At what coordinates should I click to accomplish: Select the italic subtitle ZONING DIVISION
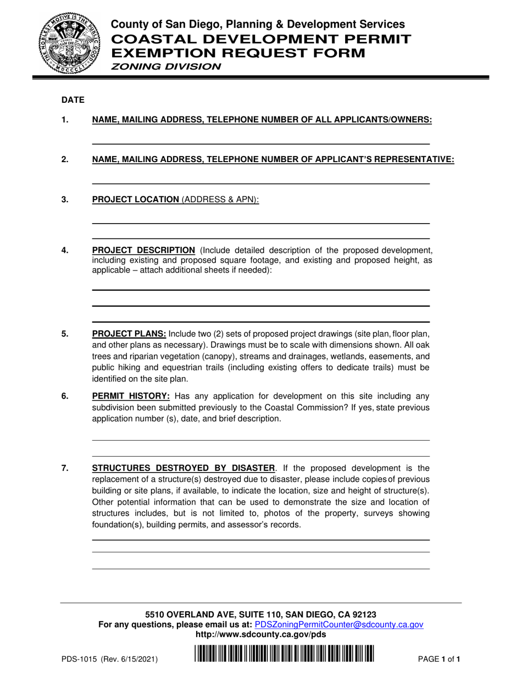pyautogui.click(x=166, y=67)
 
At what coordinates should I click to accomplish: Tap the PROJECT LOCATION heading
pyautogui.click(x=136, y=200)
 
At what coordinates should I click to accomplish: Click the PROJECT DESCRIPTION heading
pyautogui.click(x=143, y=251)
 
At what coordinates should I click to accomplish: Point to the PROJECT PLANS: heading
pyautogui.click(x=129, y=334)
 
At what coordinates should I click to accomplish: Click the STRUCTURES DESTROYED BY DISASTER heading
pyautogui.click(x=184, y=468)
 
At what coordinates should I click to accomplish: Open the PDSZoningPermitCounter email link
pyautogui.click(x=339, y=624)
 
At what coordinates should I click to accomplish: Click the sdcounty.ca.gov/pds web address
pyautogui.click(x=260, y=634)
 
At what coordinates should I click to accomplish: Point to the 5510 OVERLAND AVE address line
pyautogui.click(x=260, y=614)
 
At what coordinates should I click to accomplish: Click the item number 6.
pyautogui.click(x=65, y=397)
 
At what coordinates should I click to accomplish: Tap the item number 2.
pyautogui.click(x=65, y=160)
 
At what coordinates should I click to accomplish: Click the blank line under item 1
pyautogui.click(x=260, y=144)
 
